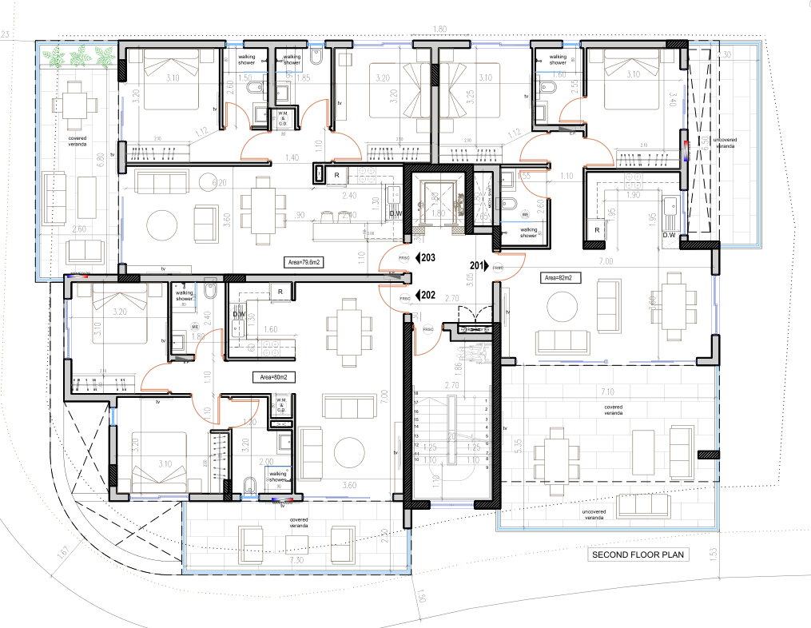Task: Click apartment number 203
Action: click(427, 258)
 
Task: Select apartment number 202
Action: click(427, 294)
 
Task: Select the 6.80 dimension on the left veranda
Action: click(101, 160)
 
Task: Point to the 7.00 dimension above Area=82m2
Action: click(606, 262)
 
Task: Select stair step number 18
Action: click(416, 395)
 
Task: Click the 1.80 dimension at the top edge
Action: click(439, 30)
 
